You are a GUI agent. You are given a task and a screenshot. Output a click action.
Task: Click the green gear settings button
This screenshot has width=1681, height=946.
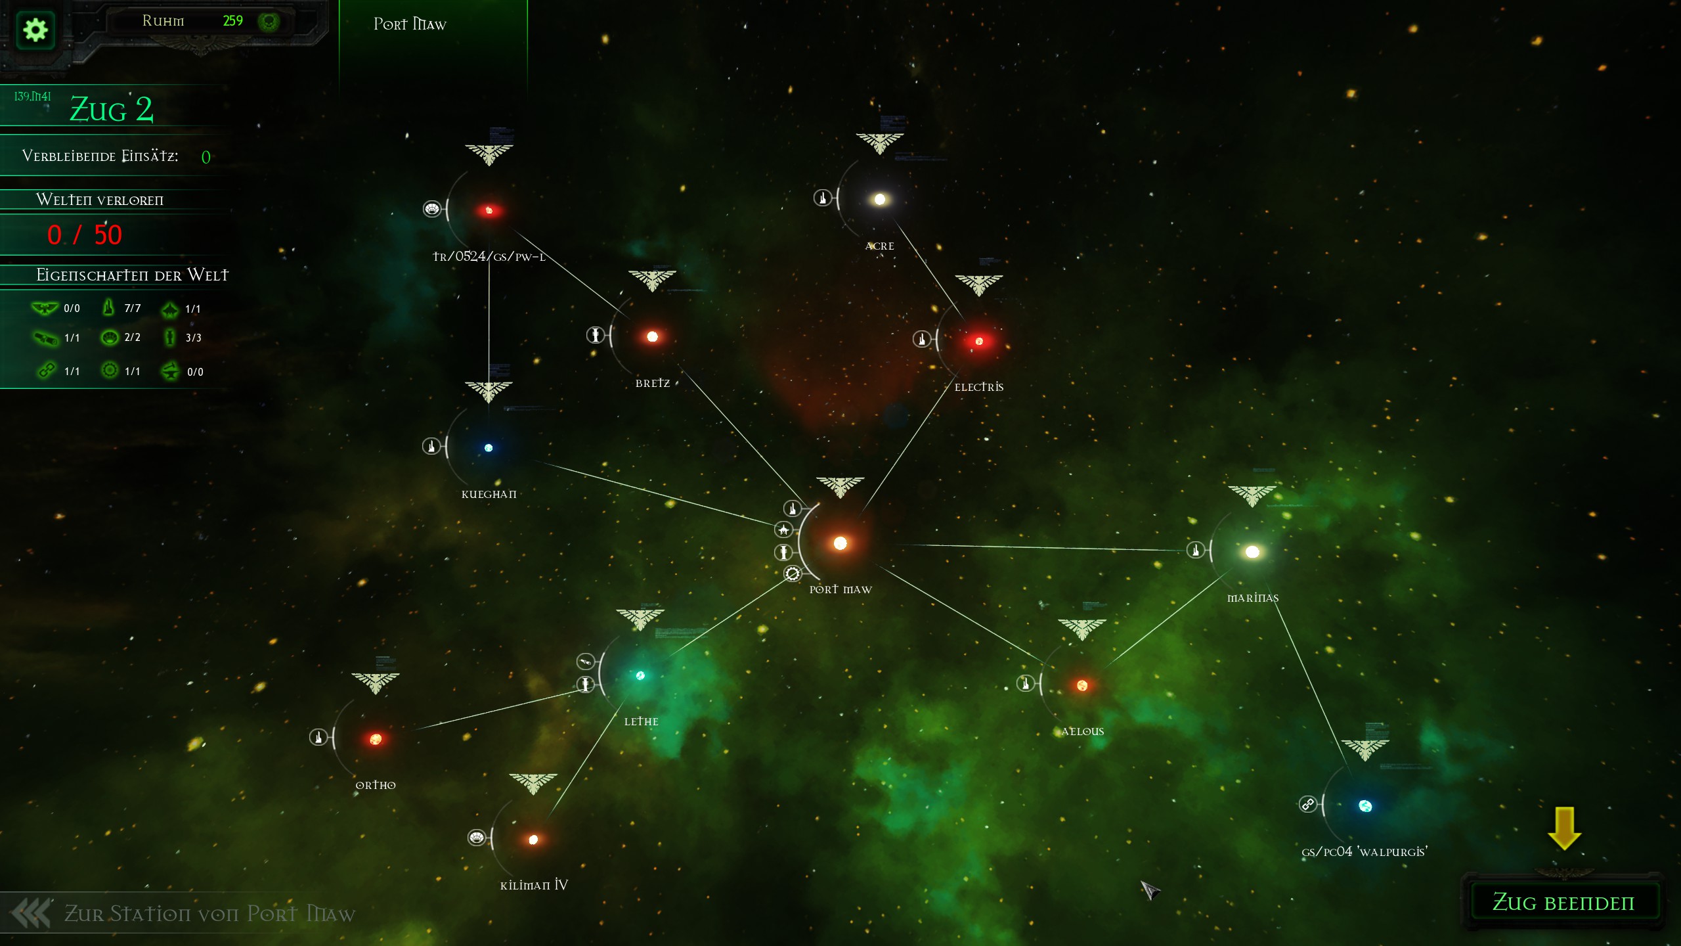[x=35, y=30]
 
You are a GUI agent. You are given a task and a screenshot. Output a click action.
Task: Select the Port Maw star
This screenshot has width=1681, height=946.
[x=840, y=543]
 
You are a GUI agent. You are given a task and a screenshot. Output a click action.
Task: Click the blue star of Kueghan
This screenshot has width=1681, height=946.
[x=489, y=448]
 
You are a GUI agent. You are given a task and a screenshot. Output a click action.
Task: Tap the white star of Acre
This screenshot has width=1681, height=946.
[x=879, y=199]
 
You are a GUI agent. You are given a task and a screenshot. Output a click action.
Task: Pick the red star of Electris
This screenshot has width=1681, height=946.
[x=979, y=341]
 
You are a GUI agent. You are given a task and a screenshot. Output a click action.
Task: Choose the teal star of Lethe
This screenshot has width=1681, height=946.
[x=640, y=675]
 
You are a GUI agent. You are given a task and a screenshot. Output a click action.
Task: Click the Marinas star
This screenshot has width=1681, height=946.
[x=1252, y=552]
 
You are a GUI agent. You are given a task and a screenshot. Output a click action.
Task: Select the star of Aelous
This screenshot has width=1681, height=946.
[x=1082, y=686]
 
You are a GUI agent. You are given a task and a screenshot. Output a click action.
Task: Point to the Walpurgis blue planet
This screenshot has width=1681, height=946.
[x=1365, y=806]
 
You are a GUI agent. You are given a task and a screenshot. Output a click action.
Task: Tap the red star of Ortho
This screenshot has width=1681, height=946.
[x=376, y=739]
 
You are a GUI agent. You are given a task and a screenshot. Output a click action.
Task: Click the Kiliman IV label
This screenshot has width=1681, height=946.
[x=534, y=886]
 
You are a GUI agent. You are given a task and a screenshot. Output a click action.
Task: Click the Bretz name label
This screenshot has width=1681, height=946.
[x=653, y=384]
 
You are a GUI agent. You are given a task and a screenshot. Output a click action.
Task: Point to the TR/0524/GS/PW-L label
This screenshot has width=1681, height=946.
[x=489, y=257]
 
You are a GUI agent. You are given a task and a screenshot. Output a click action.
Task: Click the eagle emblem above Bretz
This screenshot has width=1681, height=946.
[x=652, y=280]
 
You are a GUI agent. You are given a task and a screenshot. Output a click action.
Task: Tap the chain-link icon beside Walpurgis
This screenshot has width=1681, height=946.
[x=1307, y=804]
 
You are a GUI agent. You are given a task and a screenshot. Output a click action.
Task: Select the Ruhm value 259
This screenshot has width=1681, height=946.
[x=232, y=21]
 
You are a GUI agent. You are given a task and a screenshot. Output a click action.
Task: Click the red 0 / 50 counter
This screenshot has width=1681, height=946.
[x=85, y=235]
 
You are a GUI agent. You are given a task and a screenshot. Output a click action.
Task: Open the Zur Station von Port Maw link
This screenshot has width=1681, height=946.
[x=209, y=914]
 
